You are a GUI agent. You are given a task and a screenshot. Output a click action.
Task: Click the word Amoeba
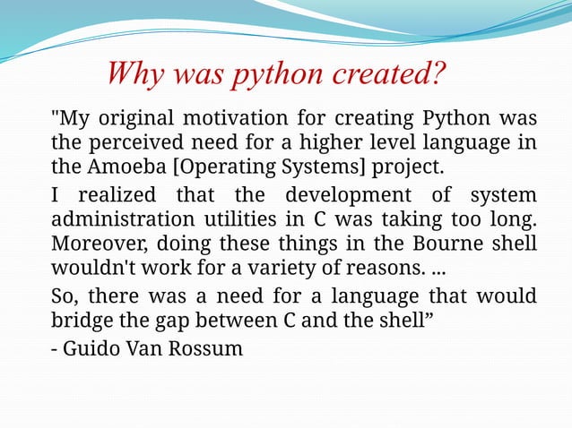pos(121,167)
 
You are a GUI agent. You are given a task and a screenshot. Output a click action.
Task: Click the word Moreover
pos(92,244)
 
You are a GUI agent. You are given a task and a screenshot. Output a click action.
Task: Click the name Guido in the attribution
pos(93,347)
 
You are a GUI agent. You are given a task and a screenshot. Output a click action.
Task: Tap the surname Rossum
pos(209,347)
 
